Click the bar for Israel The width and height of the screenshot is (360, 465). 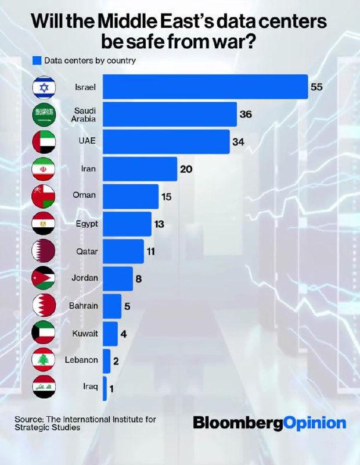(x=205, y=87)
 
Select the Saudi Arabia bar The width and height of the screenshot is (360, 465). (x=170, y=115)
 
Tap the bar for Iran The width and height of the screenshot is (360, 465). (x=140, y=169)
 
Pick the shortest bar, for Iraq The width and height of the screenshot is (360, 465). (x=105, y=388)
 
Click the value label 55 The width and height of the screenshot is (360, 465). (x=316, y=88)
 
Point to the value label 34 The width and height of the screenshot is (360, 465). (x=238, y=142)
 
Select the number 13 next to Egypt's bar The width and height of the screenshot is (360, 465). (x=160, y=224)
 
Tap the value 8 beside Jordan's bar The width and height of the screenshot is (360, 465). (x=138, y=278)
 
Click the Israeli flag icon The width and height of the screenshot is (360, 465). (x=44, y=88)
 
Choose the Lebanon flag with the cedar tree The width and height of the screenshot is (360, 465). (x=44, y=360)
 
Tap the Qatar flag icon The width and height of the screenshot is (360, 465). (x=44, y=251)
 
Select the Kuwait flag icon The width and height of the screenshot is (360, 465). (x=44, y=333)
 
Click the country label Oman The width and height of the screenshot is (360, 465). (x=84, y=196)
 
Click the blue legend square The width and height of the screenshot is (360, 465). (x=38, y=60)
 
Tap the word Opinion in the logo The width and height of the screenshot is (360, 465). (x=315, y=423)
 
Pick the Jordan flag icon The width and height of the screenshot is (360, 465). (x=44, y=278)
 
